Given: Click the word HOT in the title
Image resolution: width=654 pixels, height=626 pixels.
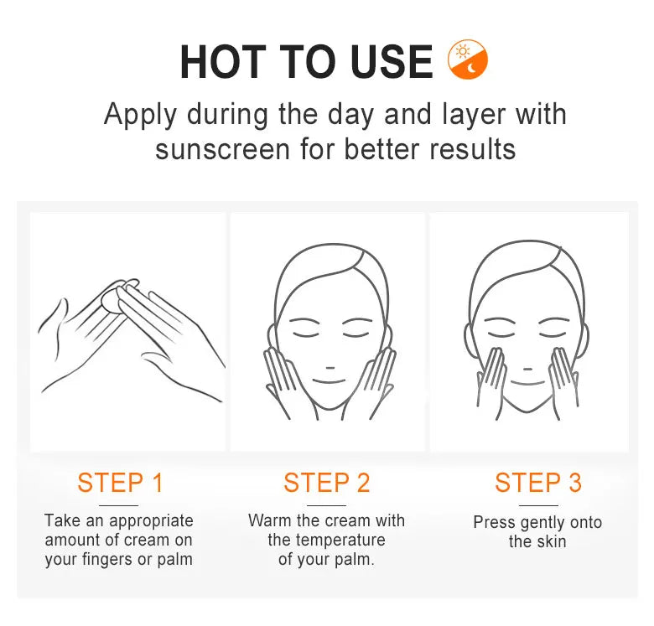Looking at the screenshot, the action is [x=223, y=62].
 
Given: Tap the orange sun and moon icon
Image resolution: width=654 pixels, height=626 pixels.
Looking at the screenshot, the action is [x=468, y=59].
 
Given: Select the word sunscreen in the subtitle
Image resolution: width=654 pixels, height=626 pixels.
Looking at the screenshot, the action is [x=222, y=150].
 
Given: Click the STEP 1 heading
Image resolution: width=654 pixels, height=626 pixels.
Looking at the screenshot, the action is [x=120, y=483].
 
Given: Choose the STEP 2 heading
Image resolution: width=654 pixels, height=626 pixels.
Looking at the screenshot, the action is [x=327, y=483].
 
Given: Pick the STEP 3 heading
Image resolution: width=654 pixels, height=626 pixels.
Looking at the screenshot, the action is [x=538, y=483].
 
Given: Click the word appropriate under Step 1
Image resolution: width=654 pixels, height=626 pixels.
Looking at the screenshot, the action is [x=151, y=522].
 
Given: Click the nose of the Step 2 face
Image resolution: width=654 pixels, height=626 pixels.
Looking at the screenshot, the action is [x=330, y=368].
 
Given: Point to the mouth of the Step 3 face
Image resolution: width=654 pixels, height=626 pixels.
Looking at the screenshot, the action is [x=527, y=383].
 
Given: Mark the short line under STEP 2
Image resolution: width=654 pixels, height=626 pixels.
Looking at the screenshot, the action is [x=327, y=505].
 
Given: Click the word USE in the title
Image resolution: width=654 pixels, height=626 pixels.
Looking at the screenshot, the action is [x=392, y=62].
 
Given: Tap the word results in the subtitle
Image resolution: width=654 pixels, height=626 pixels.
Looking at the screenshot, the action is [x=473, y=150].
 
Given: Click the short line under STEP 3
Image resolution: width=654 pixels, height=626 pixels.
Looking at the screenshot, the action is [x=538, y=505].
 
